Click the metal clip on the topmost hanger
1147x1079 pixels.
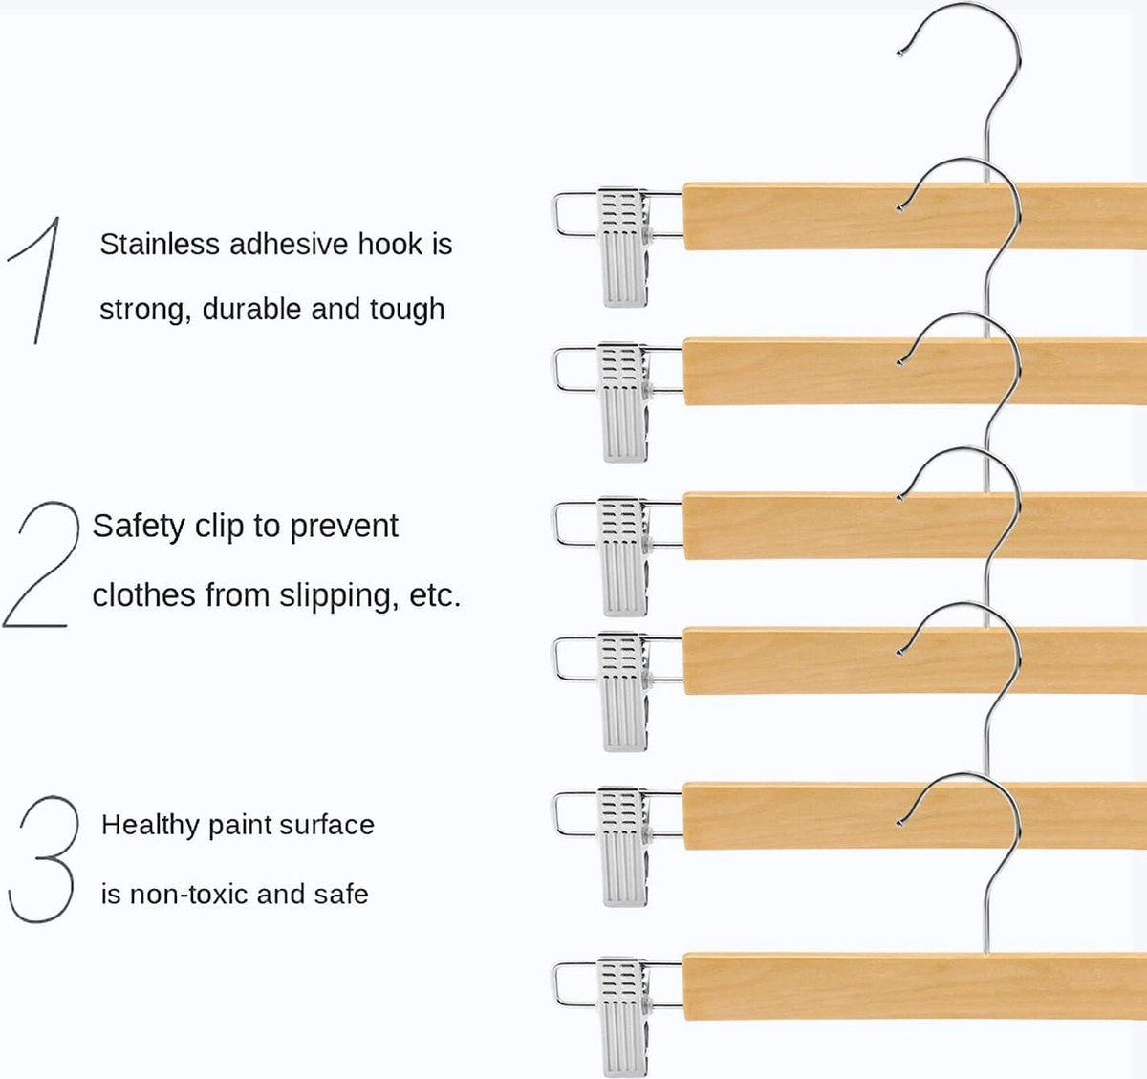pos(622,246)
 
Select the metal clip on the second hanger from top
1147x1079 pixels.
pos(622,401)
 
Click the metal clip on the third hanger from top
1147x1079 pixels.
pos(622,554)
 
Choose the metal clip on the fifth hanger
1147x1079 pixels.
pos(622,845)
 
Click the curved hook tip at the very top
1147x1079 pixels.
pos(901,51)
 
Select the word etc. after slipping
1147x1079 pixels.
pos(435,595)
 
